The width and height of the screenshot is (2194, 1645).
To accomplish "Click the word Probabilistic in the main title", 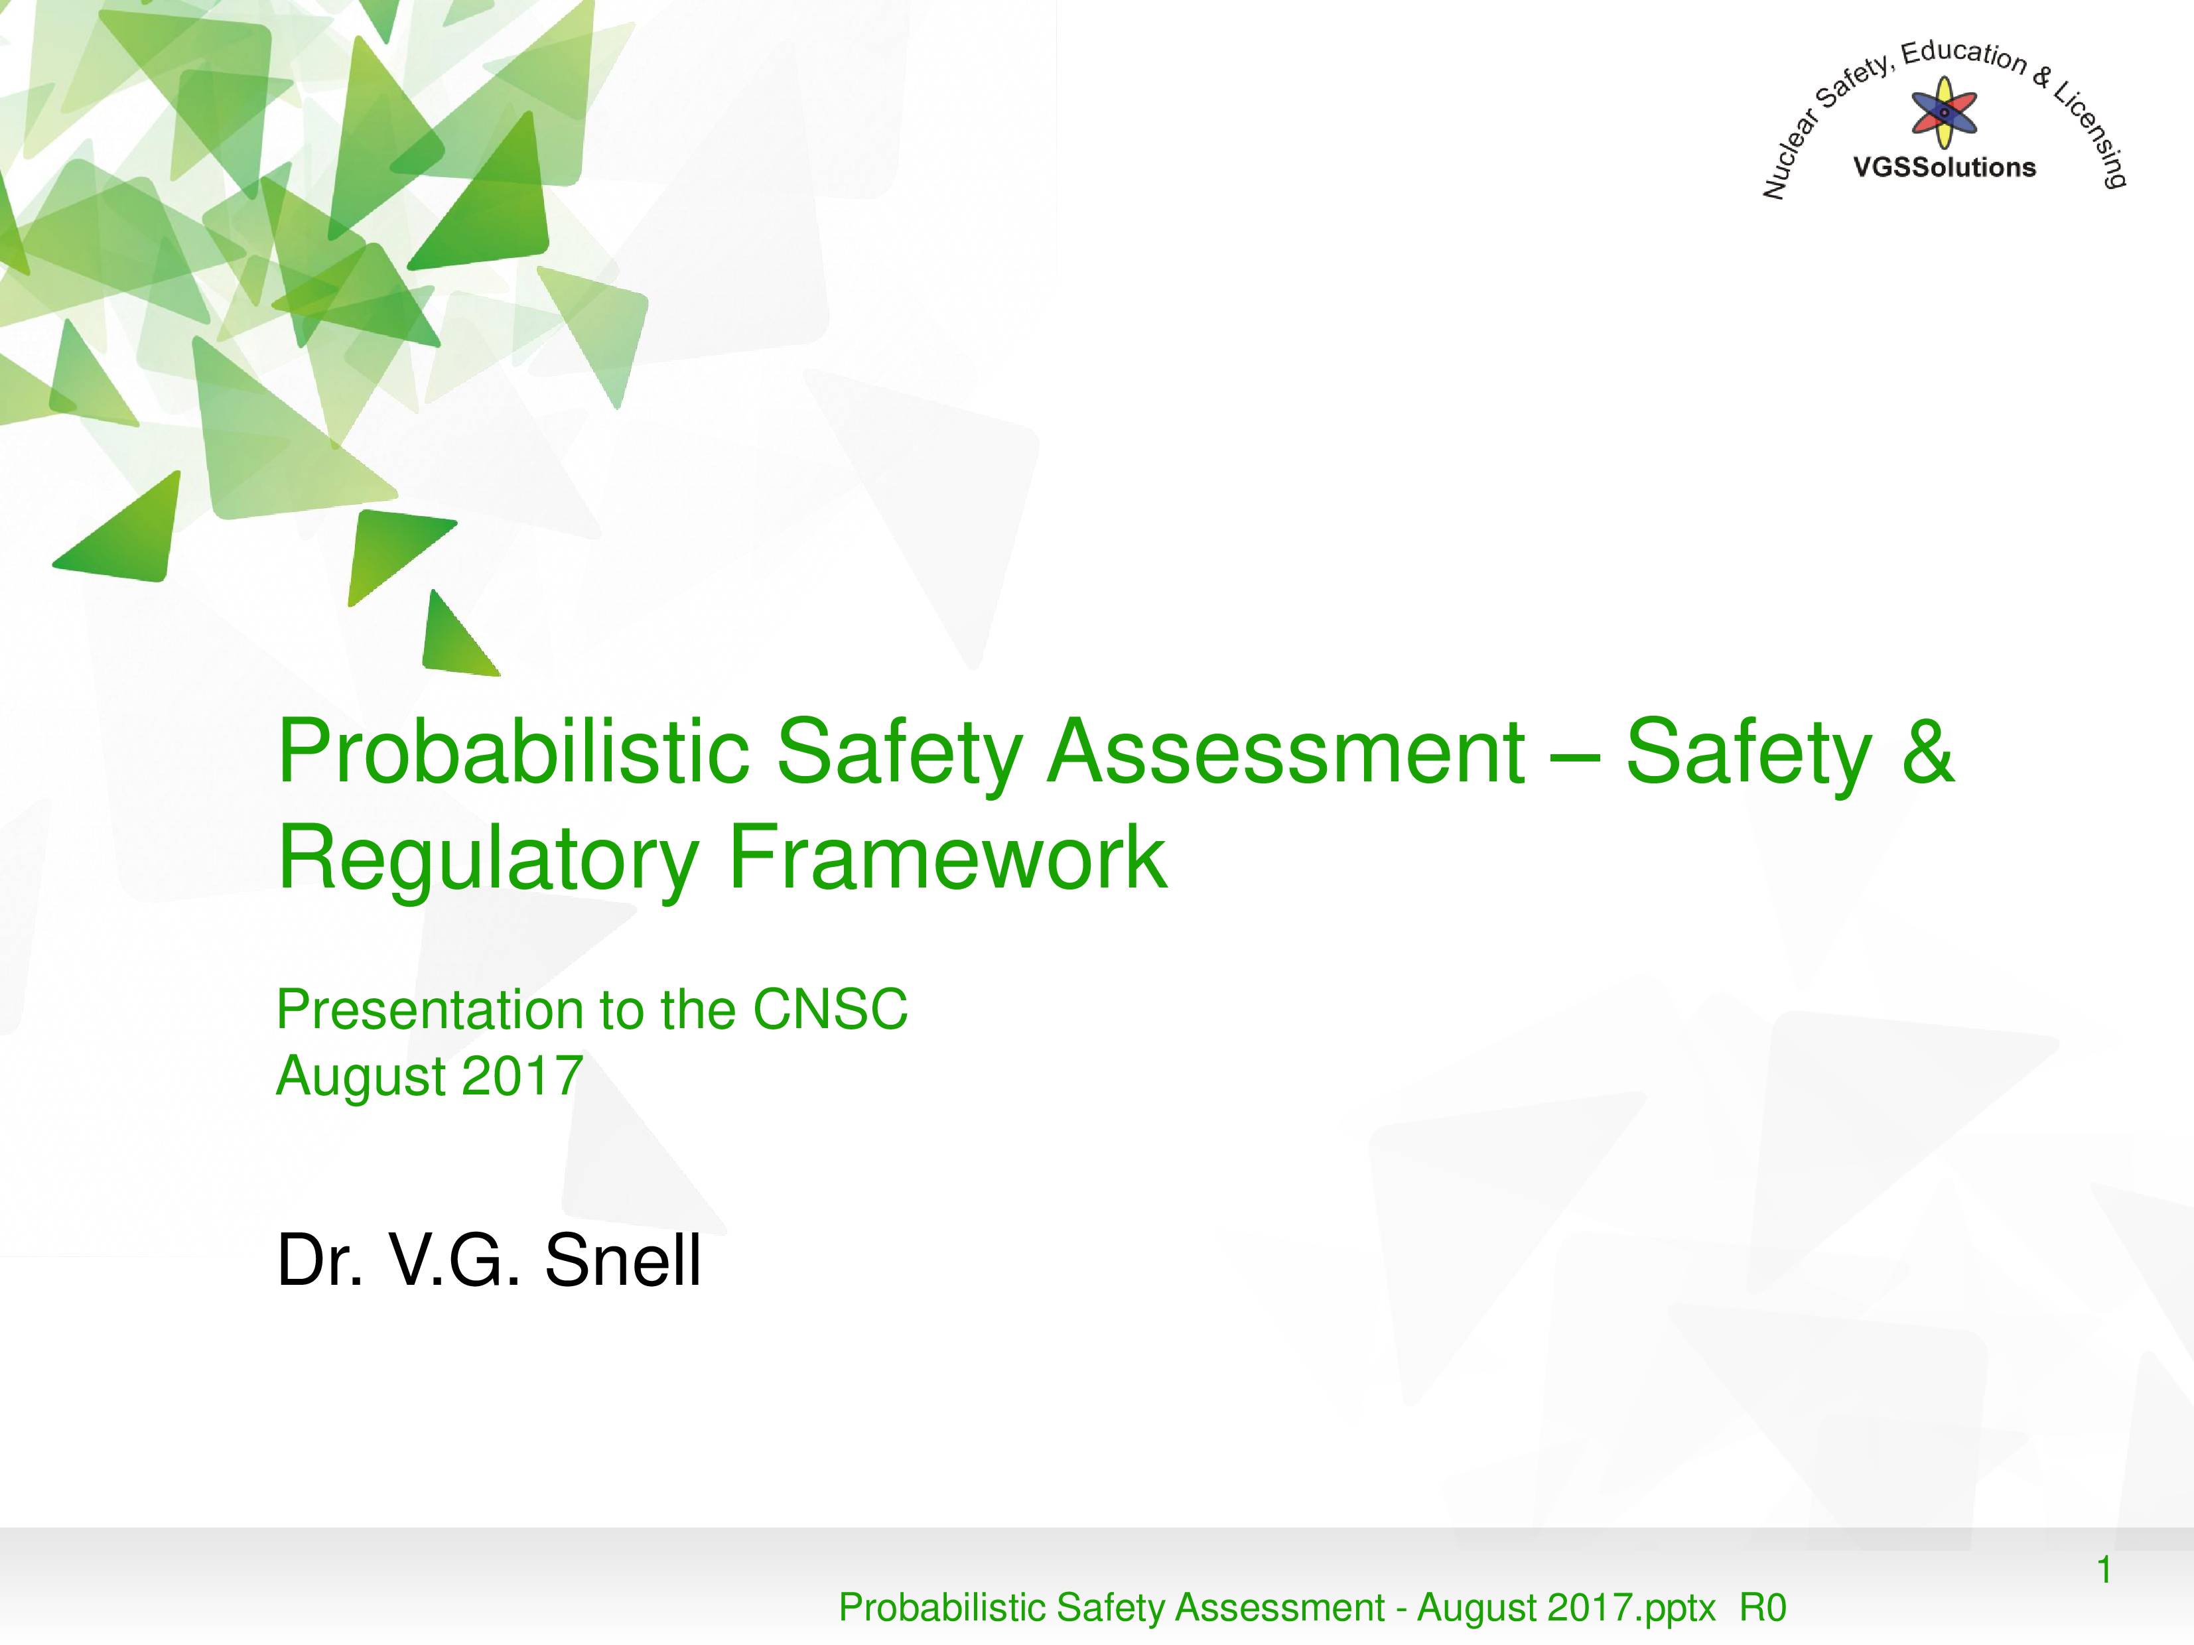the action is coord(514,752).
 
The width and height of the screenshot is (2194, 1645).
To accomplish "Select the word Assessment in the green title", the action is coord(1286,751).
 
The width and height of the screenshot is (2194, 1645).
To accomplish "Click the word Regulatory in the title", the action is coord(489,859).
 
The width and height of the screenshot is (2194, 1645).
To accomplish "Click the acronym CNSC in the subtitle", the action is coord(830,1010).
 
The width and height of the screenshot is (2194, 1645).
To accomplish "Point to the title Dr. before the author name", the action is coord(319,1260).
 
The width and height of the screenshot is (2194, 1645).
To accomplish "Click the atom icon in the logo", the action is coord(1944,112).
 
